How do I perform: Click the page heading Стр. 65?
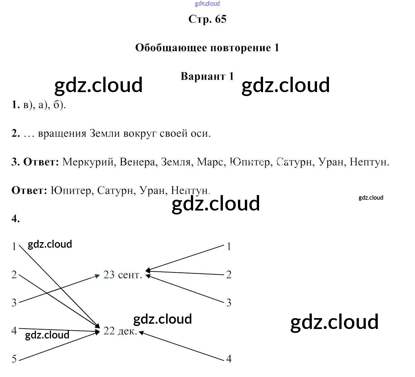207,19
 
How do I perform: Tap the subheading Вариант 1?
207,76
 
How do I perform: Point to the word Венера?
138,162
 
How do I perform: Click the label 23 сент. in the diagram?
123,275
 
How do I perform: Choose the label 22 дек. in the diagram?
120,331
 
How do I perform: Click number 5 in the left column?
14,359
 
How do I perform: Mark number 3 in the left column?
14,303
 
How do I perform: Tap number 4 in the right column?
229,359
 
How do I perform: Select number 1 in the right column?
229,246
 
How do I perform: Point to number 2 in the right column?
229,275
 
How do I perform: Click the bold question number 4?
15,219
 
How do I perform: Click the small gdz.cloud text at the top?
207,4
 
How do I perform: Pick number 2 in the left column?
14,275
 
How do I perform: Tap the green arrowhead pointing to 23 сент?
97,276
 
